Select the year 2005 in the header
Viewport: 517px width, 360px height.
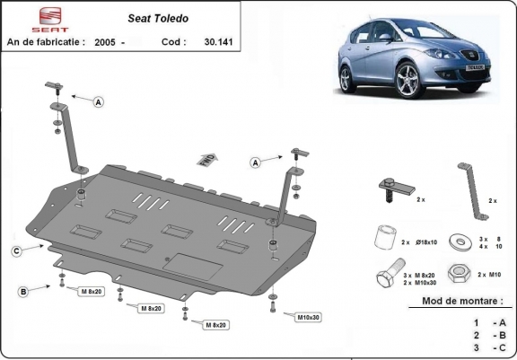tap(105, 41)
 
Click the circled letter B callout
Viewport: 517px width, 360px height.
tap(22, 291)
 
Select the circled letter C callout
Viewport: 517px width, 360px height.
tap(16, 250)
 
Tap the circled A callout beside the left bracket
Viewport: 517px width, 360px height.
tap(99, 102)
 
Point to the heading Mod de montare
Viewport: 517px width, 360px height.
tap(463, 302)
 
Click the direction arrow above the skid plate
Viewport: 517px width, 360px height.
tap(205, 158)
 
